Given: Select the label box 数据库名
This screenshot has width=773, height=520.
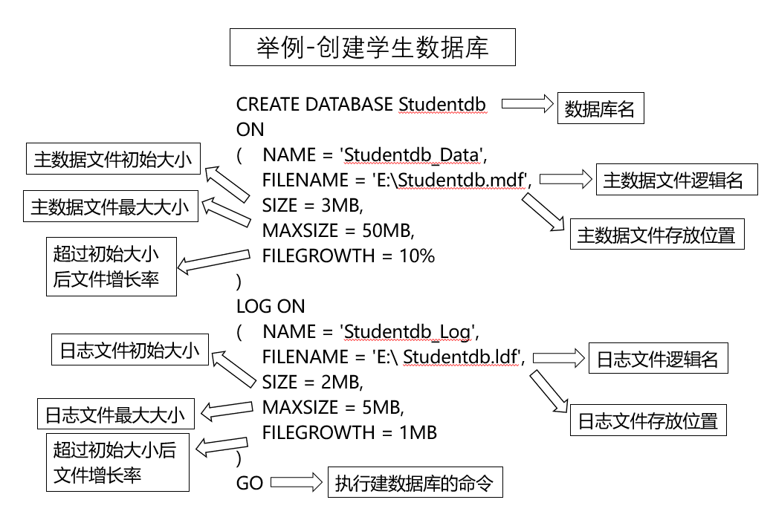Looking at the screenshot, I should (600, 110).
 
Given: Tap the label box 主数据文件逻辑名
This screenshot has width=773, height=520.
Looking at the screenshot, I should (676, 181).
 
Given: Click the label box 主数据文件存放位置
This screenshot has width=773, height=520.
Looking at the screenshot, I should (656, 235).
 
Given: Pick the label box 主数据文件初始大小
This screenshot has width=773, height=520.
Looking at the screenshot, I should (112, 160).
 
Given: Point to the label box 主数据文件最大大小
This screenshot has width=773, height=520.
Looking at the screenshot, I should (110, 207).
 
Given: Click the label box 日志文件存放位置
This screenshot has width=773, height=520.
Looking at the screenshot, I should (648, 421).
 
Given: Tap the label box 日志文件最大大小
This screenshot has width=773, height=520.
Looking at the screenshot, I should (115, 414).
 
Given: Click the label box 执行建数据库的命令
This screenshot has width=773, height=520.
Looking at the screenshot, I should (415, 484).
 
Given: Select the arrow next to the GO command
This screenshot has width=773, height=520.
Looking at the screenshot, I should (296, 484).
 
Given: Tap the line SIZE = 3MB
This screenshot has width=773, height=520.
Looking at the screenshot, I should (312, 205).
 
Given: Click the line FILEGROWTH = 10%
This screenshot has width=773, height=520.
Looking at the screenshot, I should (349, 256).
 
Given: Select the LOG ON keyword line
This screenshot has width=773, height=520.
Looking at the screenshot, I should (271, 306).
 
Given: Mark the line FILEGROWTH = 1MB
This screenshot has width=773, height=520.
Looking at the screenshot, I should (349, 432).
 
